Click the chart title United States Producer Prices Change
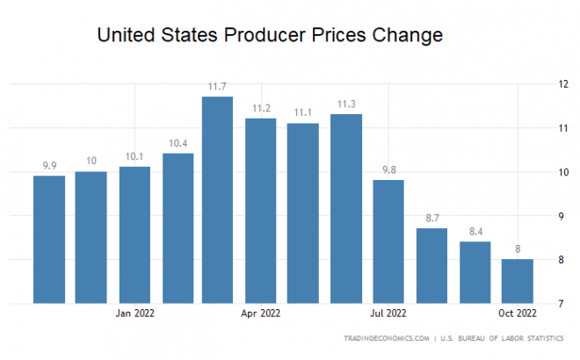pyautogui.click(x=269, y=36)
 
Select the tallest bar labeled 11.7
pyautogui.click(x=217, y=200)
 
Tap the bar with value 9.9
pyautogui.click(x=49, y=240)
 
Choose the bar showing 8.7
pyautogui.click(x=431, y=266)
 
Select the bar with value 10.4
pyautogui.click(x=178, y=228)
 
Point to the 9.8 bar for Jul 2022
pyautogui.click(x=388, y=241)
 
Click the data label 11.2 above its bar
pyautogui.click(x=260, y=108)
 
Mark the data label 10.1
pyautogui.click(x=134, y=157)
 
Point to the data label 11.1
pyautogui.click(x=303, y=113)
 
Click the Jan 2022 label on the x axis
pyautogui.click(x=134, y=313)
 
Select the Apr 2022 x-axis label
pyautogui.click(x=260, y=313)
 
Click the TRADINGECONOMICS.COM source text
pyautogui.click(x=386, y=337)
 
